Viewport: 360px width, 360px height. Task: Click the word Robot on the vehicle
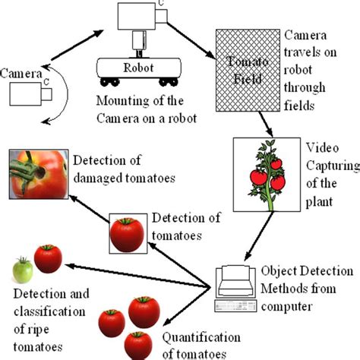(x=137, y=65)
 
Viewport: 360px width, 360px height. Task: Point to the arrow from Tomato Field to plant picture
(x=264, y=121)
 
